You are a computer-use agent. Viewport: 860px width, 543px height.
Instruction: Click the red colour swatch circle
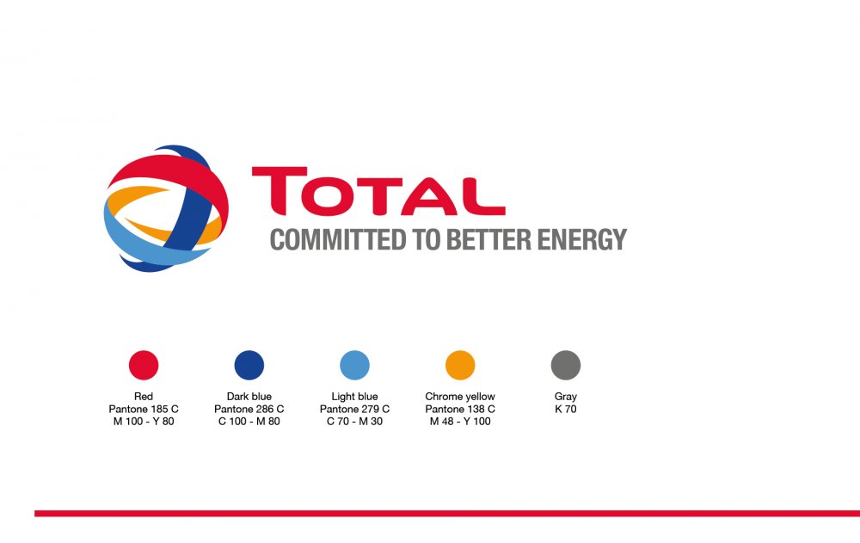144,365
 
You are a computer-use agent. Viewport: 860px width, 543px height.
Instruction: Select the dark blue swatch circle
249,365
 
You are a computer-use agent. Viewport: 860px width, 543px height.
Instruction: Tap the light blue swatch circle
355,365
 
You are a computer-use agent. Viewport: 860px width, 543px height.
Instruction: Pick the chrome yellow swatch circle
460,365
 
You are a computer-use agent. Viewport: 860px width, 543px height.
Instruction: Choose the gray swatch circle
566,365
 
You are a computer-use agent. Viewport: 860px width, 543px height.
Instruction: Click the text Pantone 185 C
144,409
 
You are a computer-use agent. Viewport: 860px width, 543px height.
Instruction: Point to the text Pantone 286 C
249,409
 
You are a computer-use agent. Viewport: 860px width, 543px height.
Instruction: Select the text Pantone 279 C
355,409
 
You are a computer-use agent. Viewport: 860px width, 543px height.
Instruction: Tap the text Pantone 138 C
460,409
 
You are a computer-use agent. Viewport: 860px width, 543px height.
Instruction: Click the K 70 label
566,409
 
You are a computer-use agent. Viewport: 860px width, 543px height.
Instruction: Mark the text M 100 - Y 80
144,422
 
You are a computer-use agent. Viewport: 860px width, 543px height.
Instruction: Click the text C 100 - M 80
249,422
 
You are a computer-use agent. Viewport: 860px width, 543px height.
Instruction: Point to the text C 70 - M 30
355,422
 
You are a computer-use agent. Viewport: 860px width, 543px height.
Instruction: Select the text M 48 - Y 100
460,422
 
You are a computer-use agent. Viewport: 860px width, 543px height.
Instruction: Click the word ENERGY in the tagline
582,240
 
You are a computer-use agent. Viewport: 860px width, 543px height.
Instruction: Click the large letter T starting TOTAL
279,190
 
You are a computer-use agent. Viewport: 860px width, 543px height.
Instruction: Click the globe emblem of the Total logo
166,208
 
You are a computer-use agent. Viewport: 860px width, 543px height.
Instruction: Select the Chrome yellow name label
460,397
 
